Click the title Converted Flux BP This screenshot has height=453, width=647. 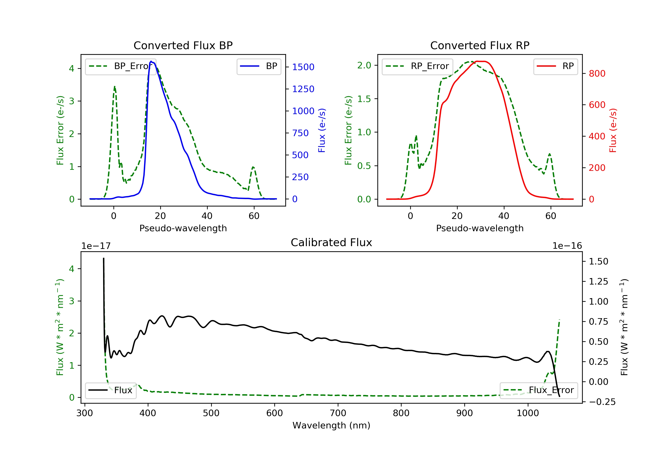coord(183,45)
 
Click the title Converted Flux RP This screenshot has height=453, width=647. coord(480,45)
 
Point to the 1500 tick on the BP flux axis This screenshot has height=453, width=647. coord(303,67)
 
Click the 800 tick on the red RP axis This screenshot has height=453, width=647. coord(597,74)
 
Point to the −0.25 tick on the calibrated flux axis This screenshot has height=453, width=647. coord(602,402)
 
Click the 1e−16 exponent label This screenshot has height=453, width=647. coord(567,246)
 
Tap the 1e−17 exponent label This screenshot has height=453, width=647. coord(96,246)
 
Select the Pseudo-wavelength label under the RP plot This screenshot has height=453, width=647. coord(480,228)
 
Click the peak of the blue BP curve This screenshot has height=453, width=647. coord(151,61)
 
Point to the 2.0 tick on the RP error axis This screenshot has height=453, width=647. coord(364,65)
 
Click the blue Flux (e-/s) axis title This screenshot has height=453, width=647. coord(322,130)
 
